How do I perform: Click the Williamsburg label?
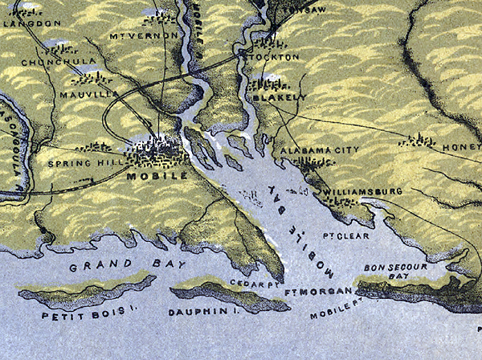[x=364, y=192]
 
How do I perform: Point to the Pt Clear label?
[x=338, y=236]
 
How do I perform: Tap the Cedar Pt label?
[x=251, y=283]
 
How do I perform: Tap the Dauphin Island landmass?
[x=229, y=295]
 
